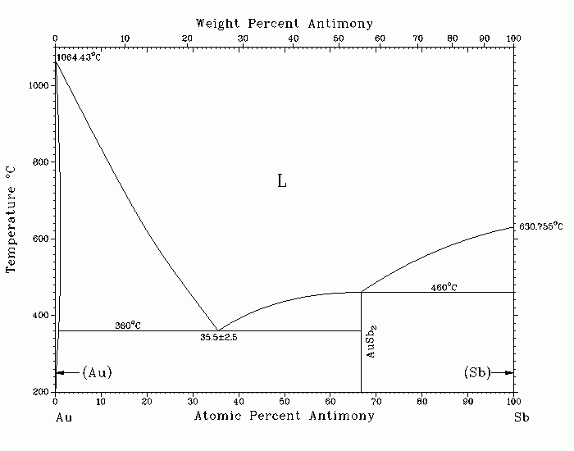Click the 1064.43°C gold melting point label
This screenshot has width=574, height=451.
click(79, 57)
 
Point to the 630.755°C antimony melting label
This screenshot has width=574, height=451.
click(540, 226)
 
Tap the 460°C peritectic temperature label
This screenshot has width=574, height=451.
click(444, 287)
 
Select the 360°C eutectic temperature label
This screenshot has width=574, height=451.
click(128, 325)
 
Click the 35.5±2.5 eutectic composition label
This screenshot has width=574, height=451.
click(219, 337)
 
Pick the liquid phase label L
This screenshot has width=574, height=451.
click(281, 181)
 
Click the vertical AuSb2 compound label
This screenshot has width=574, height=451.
click(371, 341)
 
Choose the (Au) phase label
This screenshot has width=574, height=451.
click(97, 372)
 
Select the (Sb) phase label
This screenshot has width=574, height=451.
click(477, 372)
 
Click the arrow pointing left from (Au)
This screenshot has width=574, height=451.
click(68, 372)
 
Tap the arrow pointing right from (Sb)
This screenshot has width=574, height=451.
click(502, 372)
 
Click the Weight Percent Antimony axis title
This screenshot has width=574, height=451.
click(285, 24)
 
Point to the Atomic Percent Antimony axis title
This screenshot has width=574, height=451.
click(284, 416)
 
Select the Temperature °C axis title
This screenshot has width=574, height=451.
click(11, 220)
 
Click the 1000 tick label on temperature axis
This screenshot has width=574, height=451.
click(39, 85)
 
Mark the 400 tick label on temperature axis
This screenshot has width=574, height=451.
click(41, 315)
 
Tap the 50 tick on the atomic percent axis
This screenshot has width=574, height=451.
click(285, 402)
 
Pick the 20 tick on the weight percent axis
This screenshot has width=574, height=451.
click(187, 39)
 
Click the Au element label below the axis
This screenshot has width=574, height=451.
click(64, 417)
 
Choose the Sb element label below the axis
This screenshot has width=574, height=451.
click(522, 417)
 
